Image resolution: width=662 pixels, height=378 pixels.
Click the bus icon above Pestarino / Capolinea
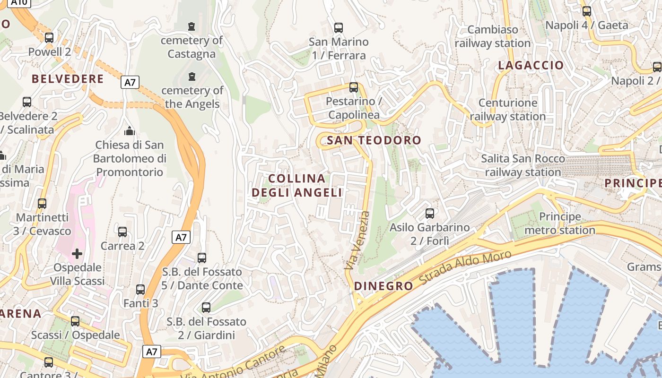tap(354, 87)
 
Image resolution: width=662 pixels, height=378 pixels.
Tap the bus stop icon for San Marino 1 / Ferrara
tap(339, 27)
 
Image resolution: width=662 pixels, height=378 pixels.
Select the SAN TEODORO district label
tap(374, 140)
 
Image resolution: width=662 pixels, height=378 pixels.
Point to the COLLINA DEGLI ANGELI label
tap(297, 186)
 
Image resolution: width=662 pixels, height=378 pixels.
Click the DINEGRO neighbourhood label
tap(383, 286)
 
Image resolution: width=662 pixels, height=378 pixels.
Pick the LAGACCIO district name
tap(531, 65)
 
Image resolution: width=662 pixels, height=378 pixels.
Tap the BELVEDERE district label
tap(68, 79)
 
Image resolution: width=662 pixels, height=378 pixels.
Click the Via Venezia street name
tap(357, 241)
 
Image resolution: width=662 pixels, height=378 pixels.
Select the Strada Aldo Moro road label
tap(466, 267)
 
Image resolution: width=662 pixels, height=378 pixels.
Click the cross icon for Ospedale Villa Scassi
tap(77, 254)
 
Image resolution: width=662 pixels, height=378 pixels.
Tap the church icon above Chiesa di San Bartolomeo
tap(129, 131)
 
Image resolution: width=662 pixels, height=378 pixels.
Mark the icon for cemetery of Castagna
tap(192, 26)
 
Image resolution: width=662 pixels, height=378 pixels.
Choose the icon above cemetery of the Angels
tap(192, 77)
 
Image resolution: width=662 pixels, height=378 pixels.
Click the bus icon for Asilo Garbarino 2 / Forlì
tap(430, 214)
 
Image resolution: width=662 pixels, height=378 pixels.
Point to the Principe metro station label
tap(560, 223)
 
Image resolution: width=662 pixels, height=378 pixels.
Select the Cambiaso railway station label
tap(493, 36)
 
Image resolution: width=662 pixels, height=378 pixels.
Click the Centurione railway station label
tap(508, 110)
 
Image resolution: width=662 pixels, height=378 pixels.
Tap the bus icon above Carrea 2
tap(122, 232)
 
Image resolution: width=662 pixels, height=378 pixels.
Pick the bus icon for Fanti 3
tap(140, 290)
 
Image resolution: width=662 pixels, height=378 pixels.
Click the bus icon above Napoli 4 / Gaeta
tap(587, 11)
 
